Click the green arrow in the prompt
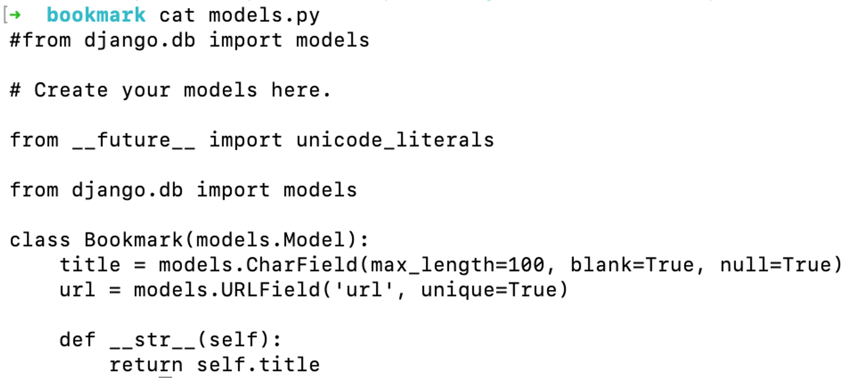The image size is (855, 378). [x=15, y=15]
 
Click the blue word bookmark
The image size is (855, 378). [x=96, y=15]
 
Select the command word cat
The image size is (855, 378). [x=177, y=15]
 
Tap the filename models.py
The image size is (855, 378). [x=264, y=15]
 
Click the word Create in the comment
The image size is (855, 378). [x=71, y=90]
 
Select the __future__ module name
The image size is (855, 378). [x=134, y=140]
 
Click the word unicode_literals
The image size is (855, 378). [x=395, y=140]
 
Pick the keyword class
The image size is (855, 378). [x=40, y=240]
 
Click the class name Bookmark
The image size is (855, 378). [x=133, y=240]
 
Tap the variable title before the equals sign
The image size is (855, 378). [x=90, y=265]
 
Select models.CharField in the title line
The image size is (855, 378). [x=258, y=265]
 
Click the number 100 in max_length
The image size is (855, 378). [x=526, y=265]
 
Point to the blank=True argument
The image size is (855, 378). [x=632, y=265]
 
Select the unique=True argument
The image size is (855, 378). [x=489, y=290]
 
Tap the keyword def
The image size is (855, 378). [x=77, y=340]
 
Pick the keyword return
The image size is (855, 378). [x=146, y=365]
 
